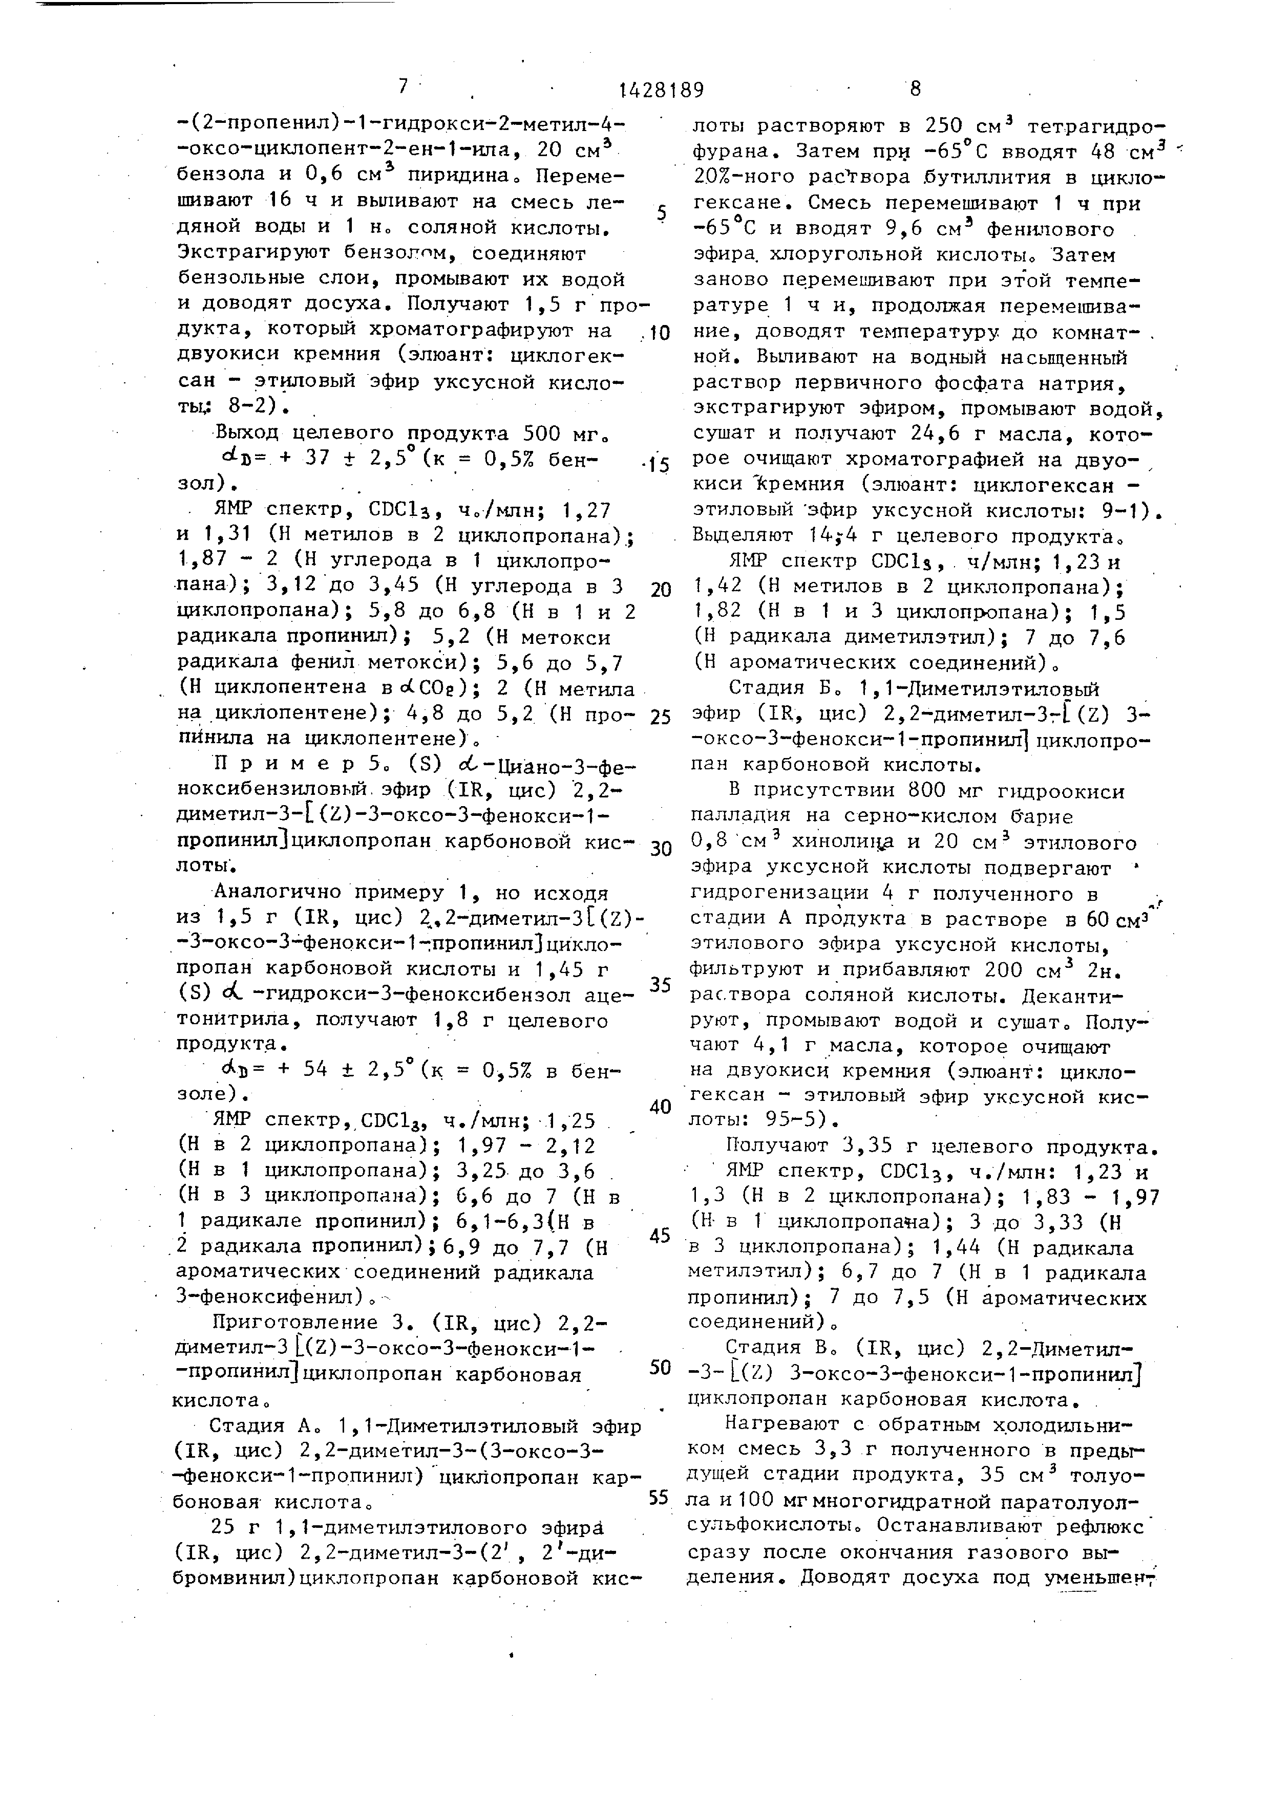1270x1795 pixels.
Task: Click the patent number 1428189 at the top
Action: click(661, 90)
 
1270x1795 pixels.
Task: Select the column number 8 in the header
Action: click(915, 89)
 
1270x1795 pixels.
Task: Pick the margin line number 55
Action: click(660, 1497)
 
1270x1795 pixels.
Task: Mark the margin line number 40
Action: click(661, 1106)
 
